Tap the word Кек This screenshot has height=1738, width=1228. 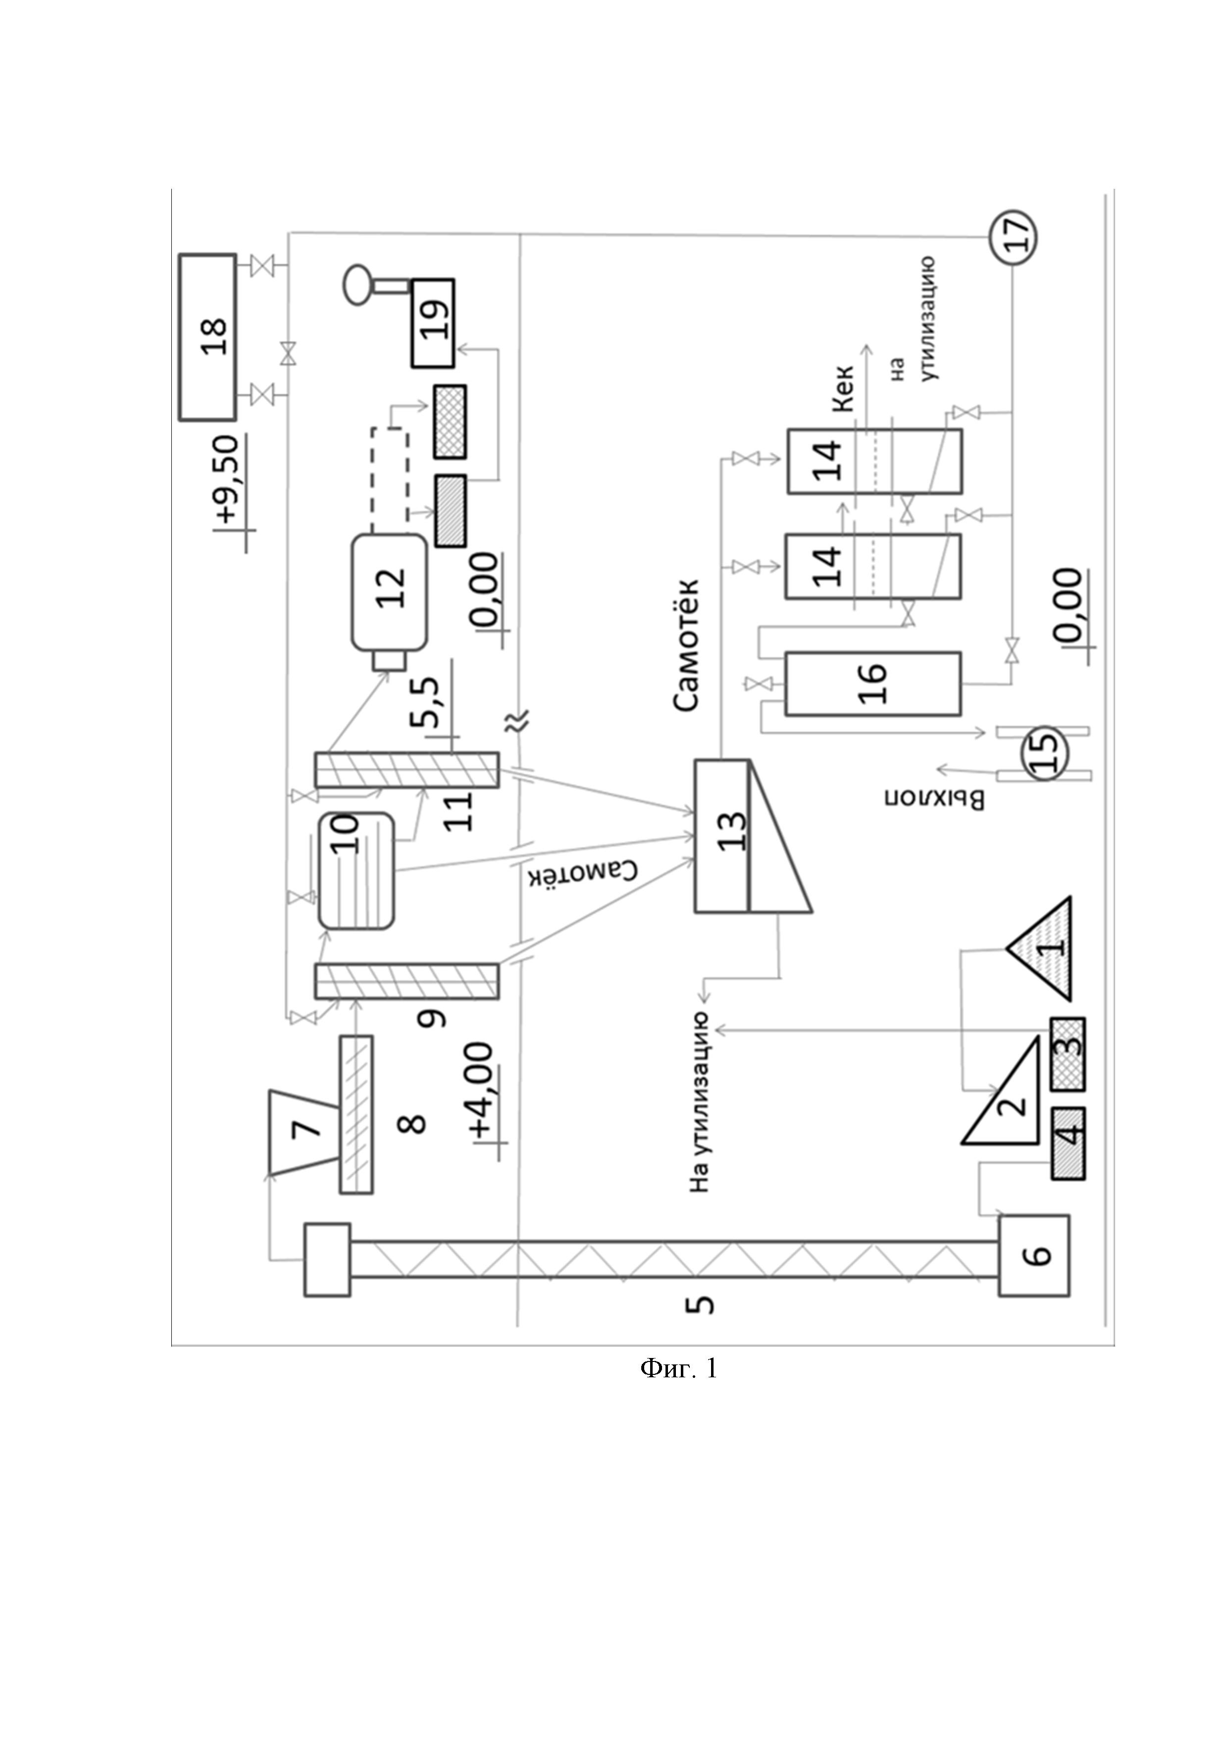tap(843, 388)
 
